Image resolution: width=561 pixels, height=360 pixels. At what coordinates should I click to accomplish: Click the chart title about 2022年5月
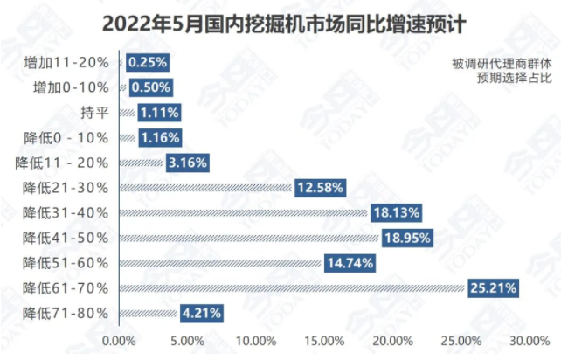coord(280,23)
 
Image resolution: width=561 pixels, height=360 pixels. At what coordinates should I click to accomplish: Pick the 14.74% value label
coord(350,262)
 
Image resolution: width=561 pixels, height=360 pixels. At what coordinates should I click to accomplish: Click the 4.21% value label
coord(202,312)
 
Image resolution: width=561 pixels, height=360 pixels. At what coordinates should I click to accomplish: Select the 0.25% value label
coord(147,62)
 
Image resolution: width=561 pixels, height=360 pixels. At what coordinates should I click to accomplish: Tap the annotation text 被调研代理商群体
coord(502,62)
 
